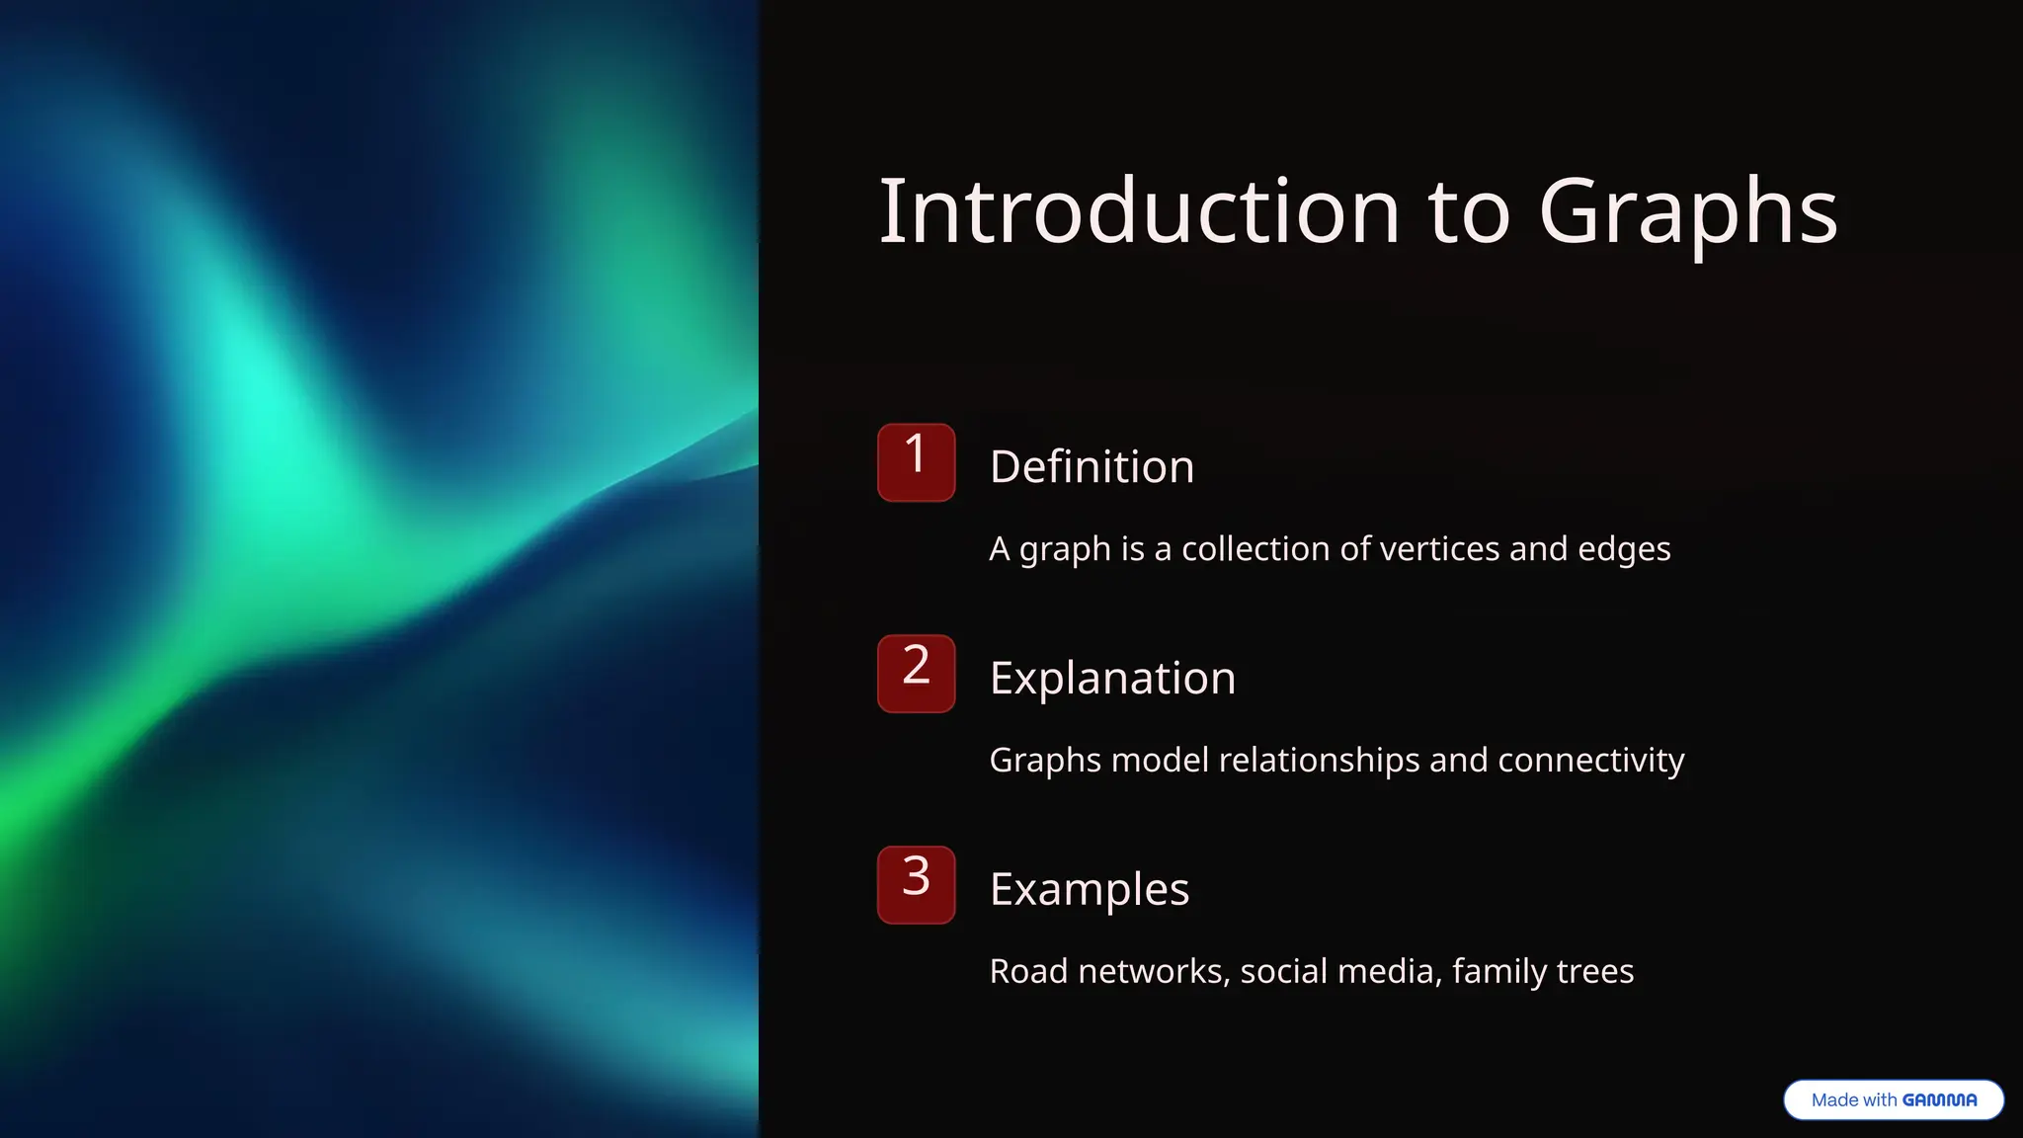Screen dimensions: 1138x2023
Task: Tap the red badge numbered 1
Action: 916,462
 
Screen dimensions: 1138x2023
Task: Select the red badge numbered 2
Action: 916,674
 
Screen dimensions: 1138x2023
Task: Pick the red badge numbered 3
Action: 916,885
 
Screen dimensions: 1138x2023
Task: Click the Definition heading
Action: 1092,466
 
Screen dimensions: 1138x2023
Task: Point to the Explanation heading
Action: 1112,678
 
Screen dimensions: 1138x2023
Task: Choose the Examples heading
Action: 1090,889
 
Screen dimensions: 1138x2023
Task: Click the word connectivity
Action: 1590,760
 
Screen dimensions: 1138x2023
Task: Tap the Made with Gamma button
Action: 1893,1099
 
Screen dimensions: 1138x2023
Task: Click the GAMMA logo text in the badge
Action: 1939,1099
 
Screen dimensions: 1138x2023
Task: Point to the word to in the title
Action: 1469,211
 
